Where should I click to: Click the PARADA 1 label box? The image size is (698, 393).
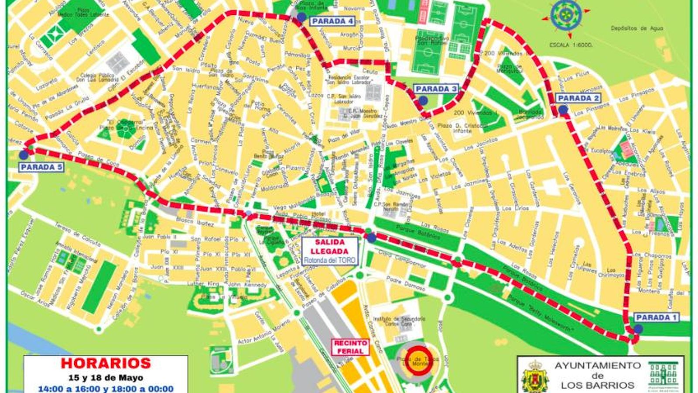pyautogui.click(x=656, y=317)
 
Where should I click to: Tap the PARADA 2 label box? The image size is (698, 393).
pyautogui.click(x=578, y=98)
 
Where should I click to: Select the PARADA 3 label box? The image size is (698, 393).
pyautogui.click(x=436, y=89)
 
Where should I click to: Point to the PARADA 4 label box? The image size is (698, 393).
pyautogui.click(x=332, y=21)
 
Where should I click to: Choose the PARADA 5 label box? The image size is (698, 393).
pyautogui.click(x=42, y=167)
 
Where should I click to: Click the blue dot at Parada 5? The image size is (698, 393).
pyautogui.click(x=24, y=154)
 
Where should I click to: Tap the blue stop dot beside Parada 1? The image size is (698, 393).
pyautogui.click(x=638, y=329)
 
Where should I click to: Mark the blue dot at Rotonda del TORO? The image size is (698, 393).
pyautogui.click(x=371, y=238)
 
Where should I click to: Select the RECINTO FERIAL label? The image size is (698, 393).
pyautogui.click(x=351, y=347)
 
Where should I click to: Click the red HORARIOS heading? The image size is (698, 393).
pyautogui.click(x=106, y=363)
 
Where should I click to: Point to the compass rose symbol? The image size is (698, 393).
pyautogui.click(x=566, y=17)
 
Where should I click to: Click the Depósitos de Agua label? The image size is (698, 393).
pyautogui.click(x=636, y=28)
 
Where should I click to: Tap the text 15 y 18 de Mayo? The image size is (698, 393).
pyautogui.click(x=106, y=377)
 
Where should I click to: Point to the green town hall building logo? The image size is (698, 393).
pyautogui.click(x=663, y=374)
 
